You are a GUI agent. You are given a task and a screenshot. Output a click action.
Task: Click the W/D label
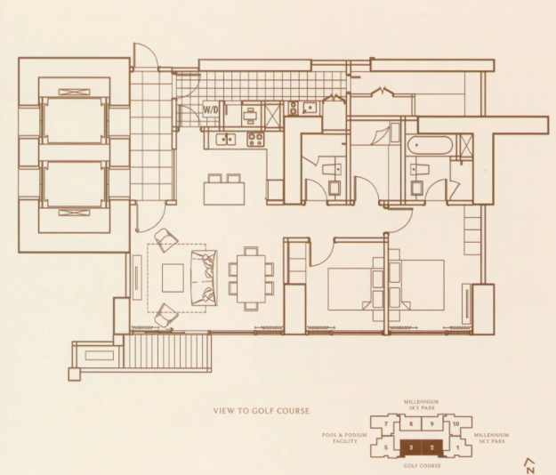[x=211, y=109]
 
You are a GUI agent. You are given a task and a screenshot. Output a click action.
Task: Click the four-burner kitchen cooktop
[x=255, y=139]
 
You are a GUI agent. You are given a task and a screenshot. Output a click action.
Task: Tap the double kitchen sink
[x=226, y=139]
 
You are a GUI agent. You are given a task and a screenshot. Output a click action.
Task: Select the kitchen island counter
[x=224, y=193]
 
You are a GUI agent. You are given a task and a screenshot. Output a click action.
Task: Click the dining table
[x=251, y=278]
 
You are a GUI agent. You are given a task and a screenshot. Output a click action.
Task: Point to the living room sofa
[x=204, y=278]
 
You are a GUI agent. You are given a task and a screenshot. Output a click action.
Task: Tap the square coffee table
[x=173, y=278]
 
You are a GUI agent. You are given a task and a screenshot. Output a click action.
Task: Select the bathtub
[x=430, y=145]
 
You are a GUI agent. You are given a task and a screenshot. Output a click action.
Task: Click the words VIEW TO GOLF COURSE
[x=262, y=411]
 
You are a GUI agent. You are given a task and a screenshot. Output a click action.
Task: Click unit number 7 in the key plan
[x=386, y=423]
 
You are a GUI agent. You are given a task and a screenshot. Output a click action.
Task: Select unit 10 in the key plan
[x=456, y=423]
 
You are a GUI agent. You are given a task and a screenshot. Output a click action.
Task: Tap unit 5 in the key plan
[x=386, y=447]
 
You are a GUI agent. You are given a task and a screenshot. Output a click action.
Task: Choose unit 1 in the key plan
[x=457, y=447]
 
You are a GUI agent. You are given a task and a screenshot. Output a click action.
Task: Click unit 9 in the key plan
[x=431, y=423]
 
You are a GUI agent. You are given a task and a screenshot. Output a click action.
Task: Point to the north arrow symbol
[x=531, y=465]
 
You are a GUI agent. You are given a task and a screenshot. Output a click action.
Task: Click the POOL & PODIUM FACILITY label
[x=344, y=438]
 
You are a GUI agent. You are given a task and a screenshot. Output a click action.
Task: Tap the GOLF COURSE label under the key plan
[x=422, y=465]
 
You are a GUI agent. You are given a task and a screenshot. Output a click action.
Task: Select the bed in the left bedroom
[x=355, y=289]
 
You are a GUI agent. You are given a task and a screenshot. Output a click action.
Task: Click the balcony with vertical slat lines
[x=166, y=351]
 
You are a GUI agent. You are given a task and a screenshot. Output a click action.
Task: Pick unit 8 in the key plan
[x=411, y=423]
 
